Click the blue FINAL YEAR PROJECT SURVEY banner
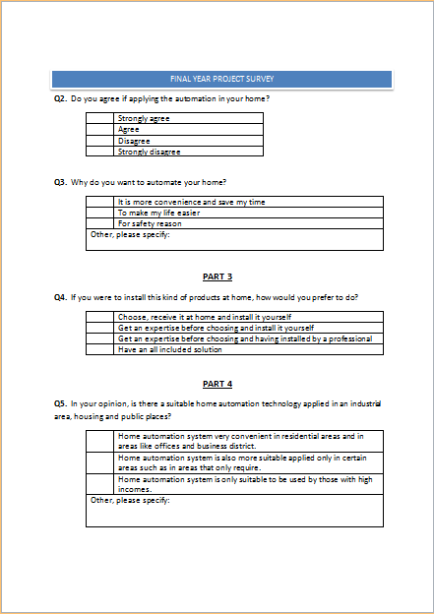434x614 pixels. pyautogui.click(x=221, y=78)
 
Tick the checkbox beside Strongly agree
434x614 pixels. pyautogui.click(x=100, y=118)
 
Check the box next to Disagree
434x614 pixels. pyautogui.click(x=100, y=140)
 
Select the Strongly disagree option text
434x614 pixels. pyautogui.click(x=149, y=152)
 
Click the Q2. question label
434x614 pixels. pyautogui.click(x=60, y=98)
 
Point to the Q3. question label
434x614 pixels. pyautogui.click(x=60, y=182)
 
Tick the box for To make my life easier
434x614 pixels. pyautogui.click(x=100, y=213)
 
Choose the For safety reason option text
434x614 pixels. pyautogui.click(x=150, y=223)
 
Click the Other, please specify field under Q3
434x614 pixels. pyautogui.click(x=234, y=240)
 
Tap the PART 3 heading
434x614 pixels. pyautogui.click(x=217, y=276)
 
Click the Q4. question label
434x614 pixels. pyautogui.click(x=60, y=297)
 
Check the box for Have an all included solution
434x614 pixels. pyautogui.click(x=100, y=349)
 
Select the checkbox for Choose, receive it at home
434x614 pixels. pyautogui.click(x=100, y=317)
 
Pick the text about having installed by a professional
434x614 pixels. pyautogui.click(x=245, y=338)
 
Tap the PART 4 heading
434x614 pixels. pyautogui.click(x=217, y=383)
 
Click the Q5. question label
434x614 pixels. pyautogui.click(x=60, y=403)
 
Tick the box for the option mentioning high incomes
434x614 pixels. pyautogui.click(x=100, y=484)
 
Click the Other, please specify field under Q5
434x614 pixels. pyautogui.click(x=234, y=511)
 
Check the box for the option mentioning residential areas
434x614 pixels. pyautogui.click(x=100, y=441)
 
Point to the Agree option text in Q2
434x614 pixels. pyautogui.click(x=129, y=129)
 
